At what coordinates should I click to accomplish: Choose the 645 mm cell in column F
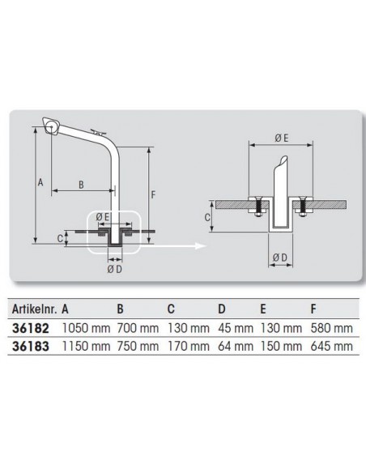click(x=332, y=345)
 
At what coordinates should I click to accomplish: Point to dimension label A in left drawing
click(x=40, y=183)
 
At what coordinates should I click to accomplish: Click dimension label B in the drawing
click(x=81, y=184)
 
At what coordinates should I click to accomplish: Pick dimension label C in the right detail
click(x=209, y=217)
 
